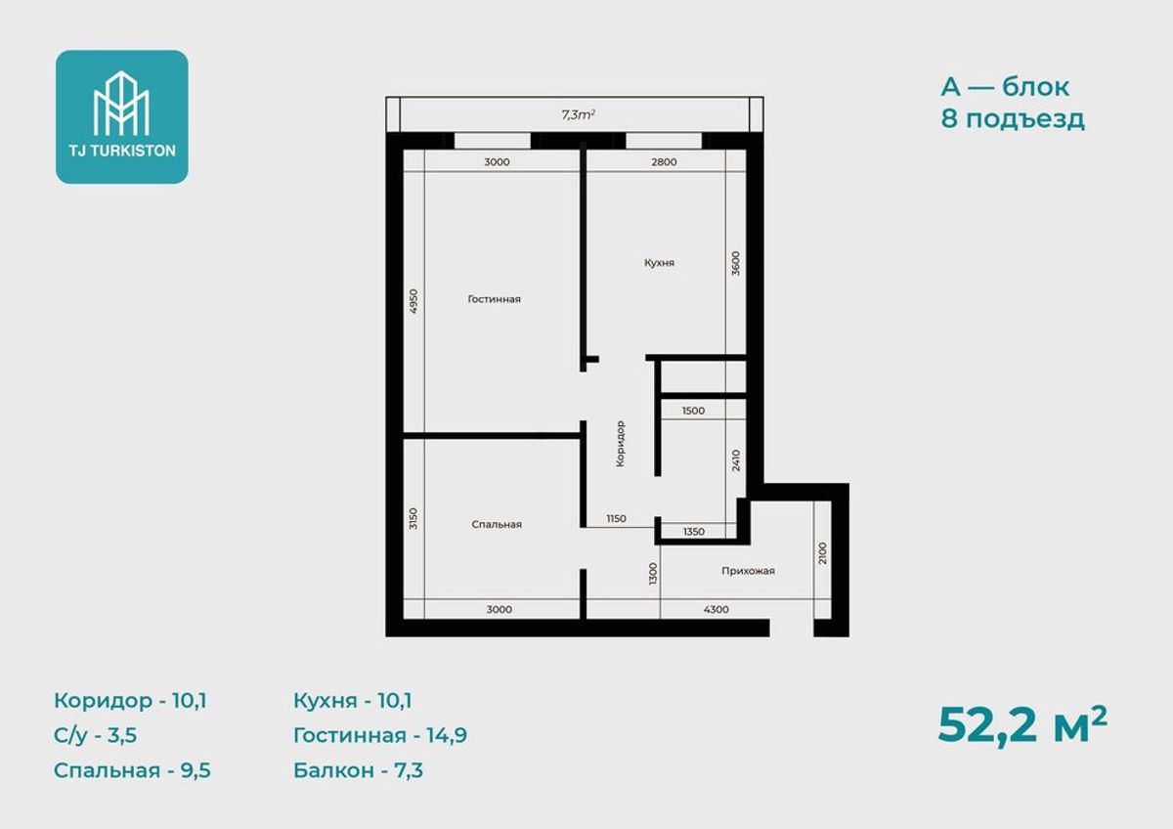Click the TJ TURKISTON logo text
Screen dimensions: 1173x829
[122, 151]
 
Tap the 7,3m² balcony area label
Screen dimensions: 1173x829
[578, 114]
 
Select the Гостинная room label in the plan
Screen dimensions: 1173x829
[494, 299]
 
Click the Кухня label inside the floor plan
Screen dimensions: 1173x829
[659, 262]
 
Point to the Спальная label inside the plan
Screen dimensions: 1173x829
[497, 524]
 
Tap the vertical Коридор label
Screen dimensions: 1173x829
[620, 444]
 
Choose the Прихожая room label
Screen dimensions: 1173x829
[748, 571]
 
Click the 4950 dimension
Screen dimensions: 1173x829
[413, 301]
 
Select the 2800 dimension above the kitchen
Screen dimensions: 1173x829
[664, 162]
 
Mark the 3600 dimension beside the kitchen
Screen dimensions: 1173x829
[735, 263]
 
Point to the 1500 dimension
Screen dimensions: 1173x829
[693, 411]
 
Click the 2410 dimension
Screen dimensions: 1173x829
[736, 460]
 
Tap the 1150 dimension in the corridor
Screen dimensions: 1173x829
[617, 518]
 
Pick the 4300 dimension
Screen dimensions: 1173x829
[716, 609]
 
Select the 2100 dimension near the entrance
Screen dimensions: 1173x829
[822, 553]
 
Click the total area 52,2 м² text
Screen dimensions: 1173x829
[1022, 725]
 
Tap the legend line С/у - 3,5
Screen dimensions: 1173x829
[96, 735]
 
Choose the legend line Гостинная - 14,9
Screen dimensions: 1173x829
[380, 735]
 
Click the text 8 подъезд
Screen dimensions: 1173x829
[1013, 119]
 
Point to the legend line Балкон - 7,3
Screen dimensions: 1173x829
[358, 770]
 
